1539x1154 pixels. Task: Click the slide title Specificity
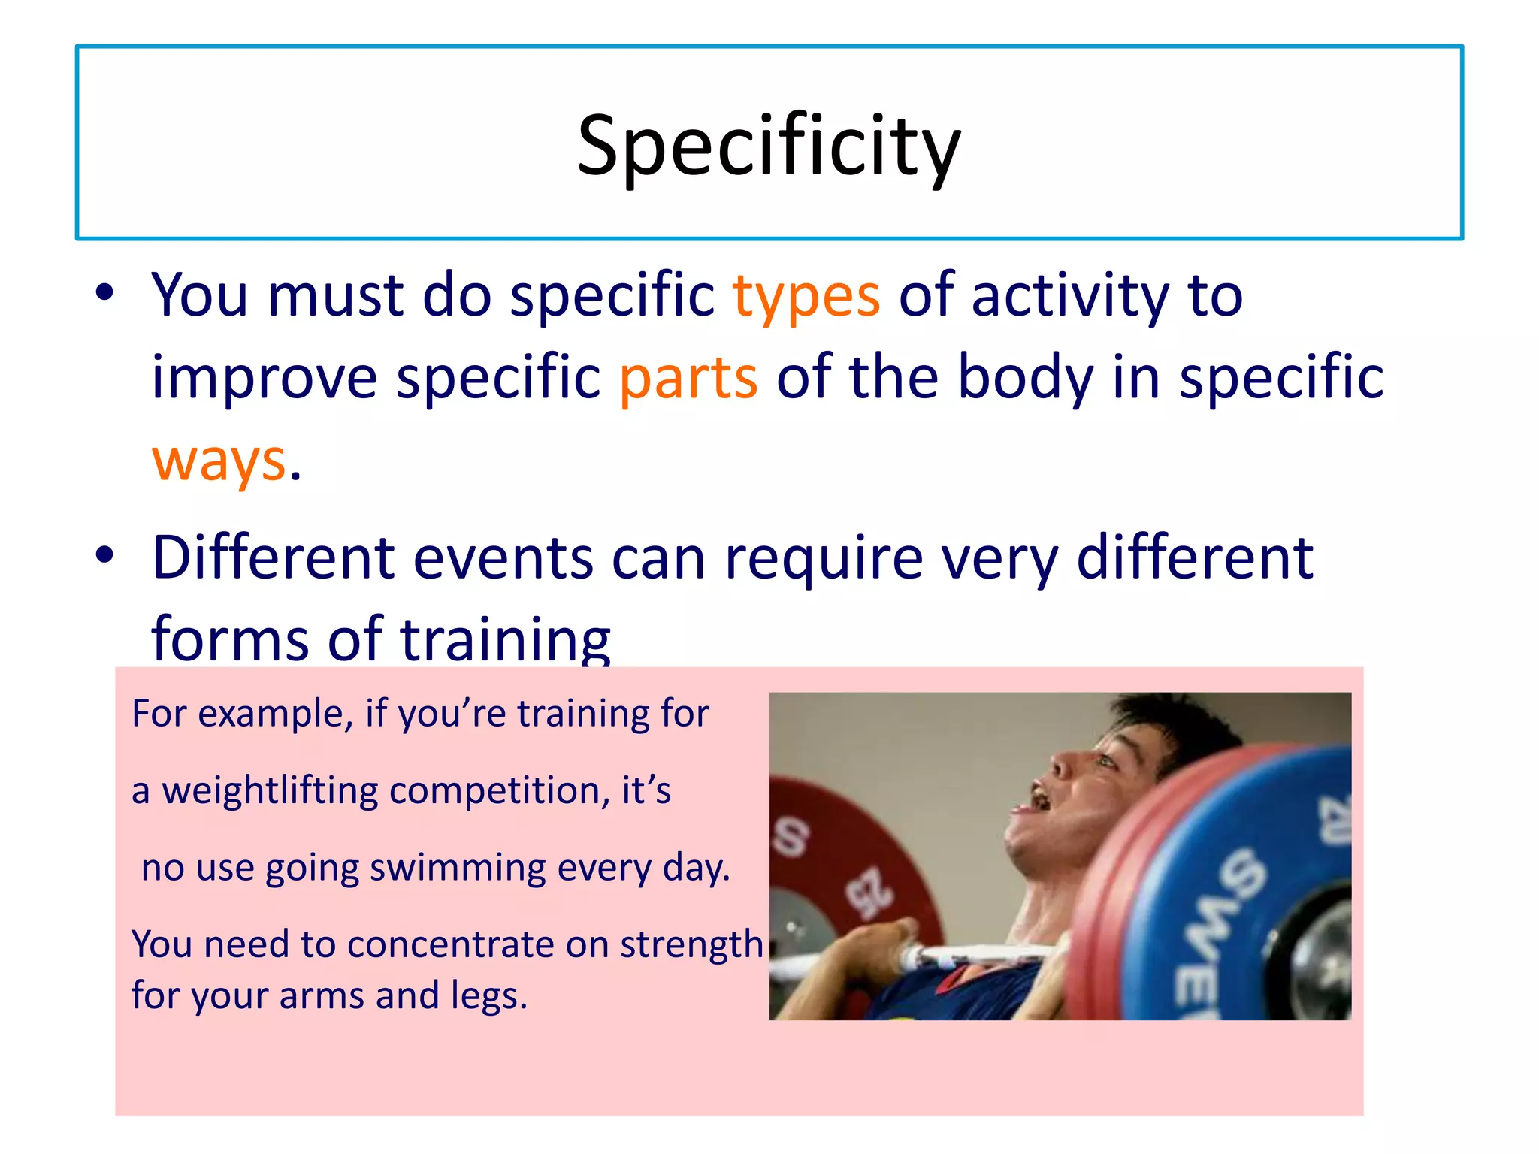coord(769,147)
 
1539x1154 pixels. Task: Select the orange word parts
coord(688,378)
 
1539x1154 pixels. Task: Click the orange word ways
coord(219,461)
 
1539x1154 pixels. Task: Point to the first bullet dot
coord(104,292)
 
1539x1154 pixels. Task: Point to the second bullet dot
coord(104,555)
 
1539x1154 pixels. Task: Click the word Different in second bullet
coord(274,557)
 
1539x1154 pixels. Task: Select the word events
coord(503,559)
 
